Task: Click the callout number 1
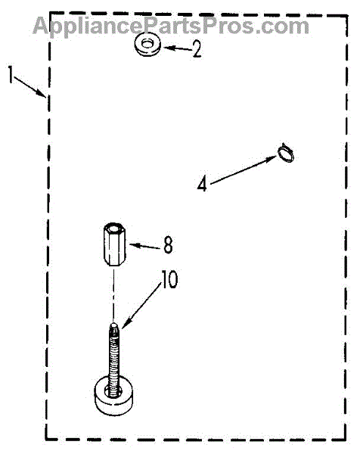pos(11,74)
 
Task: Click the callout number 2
pos(197,49)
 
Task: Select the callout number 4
pos(202,184)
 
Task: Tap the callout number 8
pos(168,245)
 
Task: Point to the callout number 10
pos(169,279)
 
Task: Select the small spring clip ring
pos(286,153)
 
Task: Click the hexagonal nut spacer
pos(113,244)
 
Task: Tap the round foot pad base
pos(113,396)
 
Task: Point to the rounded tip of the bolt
pos(114,325)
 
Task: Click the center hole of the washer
pos(147,43)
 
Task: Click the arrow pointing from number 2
pos(178,48)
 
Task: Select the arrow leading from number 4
pos(243,170)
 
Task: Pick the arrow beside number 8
pos(144,247)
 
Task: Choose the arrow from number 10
pos(141,306)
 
